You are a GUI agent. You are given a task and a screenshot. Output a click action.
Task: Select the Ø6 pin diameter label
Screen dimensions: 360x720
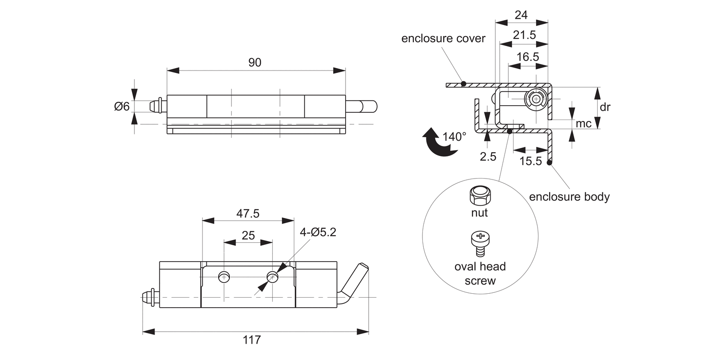[x=122, y=106]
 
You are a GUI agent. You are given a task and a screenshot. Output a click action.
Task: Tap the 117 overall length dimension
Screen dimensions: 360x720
[x=252, y=340]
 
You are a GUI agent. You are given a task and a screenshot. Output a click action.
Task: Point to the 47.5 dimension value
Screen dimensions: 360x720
[x=248, y=214]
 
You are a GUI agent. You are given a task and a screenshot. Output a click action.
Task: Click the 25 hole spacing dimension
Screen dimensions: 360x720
[x=248, y=235]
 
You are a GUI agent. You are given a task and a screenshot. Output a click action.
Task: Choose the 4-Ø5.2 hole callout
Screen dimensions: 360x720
[x=318, y=232]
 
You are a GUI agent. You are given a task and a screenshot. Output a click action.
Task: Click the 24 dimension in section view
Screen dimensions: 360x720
[x=521, y=15]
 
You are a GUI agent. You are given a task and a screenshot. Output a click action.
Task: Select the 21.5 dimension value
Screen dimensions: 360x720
[x=524, y=36]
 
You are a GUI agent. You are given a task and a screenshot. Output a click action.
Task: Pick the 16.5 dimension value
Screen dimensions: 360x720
[x=528, y=57]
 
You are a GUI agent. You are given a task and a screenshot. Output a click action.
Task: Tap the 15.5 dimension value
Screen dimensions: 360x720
[x=530, y=161]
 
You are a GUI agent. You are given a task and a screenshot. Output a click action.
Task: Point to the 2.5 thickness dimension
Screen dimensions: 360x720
[x=488, y=156]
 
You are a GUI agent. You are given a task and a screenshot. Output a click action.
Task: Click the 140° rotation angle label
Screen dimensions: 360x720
[x=454, y=136]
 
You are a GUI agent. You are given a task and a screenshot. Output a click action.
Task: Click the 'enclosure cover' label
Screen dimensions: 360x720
[x=444, y=38]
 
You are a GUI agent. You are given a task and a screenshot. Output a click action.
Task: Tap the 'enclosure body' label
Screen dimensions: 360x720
[x=569, y=197]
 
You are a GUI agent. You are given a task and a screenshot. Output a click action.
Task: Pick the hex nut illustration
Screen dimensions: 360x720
[x=478, y=195]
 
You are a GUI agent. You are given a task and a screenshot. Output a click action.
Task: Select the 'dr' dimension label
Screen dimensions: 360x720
[x=605, y=107]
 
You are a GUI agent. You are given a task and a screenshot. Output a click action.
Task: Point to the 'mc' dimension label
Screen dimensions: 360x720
[x=583, y=124]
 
